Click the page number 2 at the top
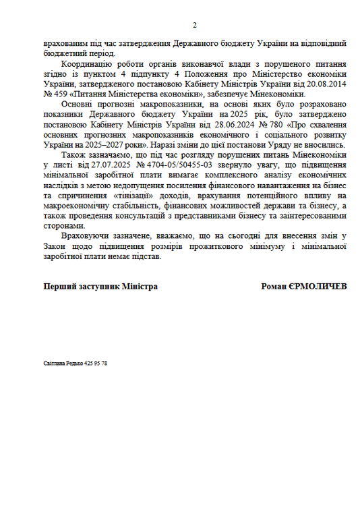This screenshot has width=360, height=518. coord(195,26)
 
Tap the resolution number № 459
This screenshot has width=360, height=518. coord(55,94)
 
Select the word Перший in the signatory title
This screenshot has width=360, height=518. coord(59,287)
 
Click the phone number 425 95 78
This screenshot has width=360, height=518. coord(96,363)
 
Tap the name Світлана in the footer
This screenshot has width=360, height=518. coord(55,363)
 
